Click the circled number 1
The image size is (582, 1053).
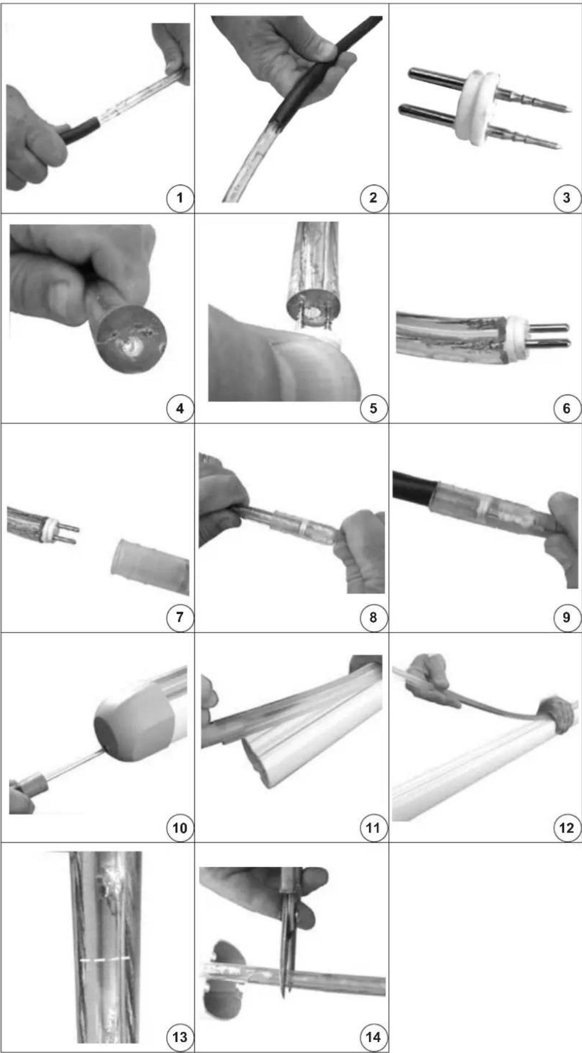click(179, 198)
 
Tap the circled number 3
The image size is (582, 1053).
click(567, 198)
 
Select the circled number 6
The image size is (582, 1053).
click(567, 408)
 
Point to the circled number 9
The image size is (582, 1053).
click(567, 617)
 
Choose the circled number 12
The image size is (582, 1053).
click(567, 828)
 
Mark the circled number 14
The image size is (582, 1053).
click(373, 1037)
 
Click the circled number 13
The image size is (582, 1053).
click(179, 1037)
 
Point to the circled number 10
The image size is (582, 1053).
click(179, 828)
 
